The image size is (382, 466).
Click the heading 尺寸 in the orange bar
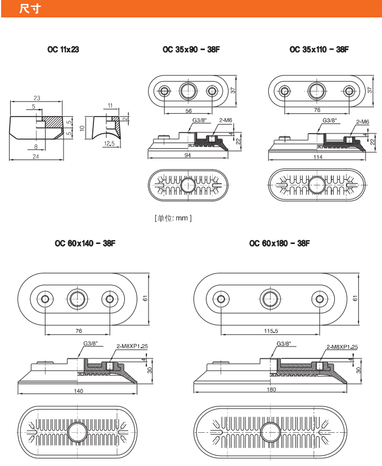coord(29,9)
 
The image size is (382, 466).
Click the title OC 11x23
coord(63,50)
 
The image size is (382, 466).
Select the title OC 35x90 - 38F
coord(191,50)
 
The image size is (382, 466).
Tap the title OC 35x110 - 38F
coord(319,50)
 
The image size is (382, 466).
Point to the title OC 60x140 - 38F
coord(85,243)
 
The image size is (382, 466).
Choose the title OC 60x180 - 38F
coord(279,243)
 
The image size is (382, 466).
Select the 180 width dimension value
coord(271,390)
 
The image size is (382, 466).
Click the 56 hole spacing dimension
coord(188,111)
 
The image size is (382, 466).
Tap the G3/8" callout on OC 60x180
coord(284,343)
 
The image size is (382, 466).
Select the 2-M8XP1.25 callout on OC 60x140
coord(132,346)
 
